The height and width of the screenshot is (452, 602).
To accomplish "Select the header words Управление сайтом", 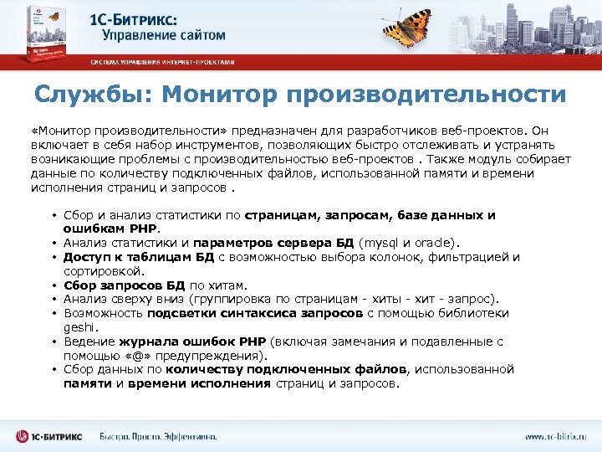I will tap(164, 35).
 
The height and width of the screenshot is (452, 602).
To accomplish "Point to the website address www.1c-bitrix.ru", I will tap(556, 436).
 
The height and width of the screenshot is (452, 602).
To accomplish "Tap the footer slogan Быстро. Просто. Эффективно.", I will tap(158, 436).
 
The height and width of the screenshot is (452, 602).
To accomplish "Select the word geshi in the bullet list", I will tap(79, 327).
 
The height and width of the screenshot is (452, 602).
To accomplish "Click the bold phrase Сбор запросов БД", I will tap(117, 285).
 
